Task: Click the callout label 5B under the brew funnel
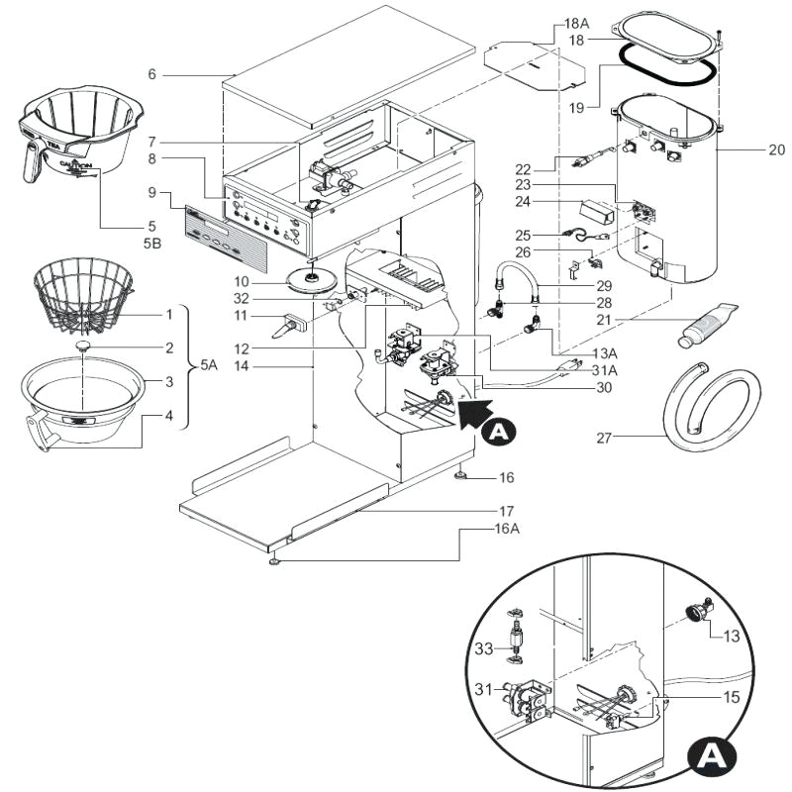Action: point(151,240)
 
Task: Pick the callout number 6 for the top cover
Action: point(151,74)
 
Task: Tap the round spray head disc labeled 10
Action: point(311,279)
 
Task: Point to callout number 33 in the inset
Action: point(483,649)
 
